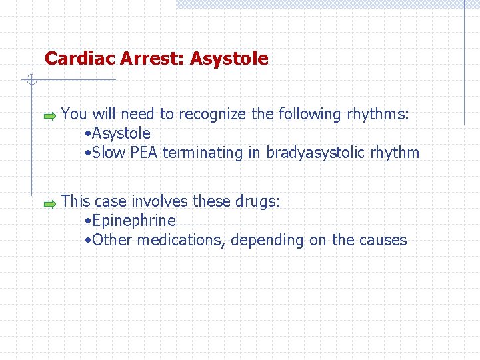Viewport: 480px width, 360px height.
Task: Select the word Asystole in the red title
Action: tap(229, 59)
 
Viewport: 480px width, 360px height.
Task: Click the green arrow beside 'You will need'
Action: tap(50, 116)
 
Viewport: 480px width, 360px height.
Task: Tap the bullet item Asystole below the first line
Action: tap(122, 133)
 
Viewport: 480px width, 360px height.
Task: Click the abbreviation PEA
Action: tap(144, 153)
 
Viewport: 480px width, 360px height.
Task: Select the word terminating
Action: tap(203, 153)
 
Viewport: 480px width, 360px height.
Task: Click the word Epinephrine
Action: tap(134, 221)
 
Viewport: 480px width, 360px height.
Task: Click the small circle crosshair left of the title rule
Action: tap(30, 80)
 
